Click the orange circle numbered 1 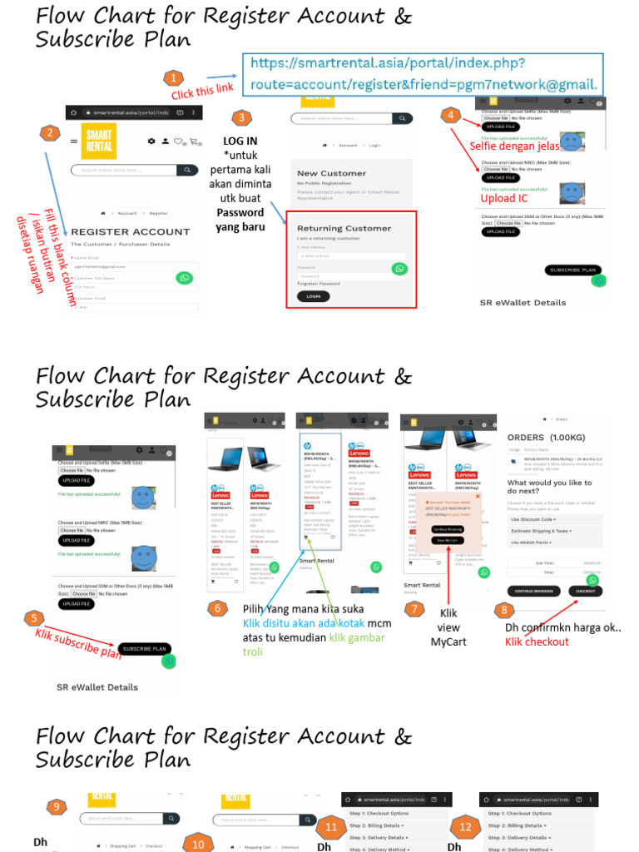(172, 78)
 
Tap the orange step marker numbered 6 (217, 608)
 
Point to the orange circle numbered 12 (465, 827)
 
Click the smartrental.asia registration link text (419, 74)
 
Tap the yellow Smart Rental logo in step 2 (100, 141)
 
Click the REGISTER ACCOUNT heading (131, 231)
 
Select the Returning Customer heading (344, 228)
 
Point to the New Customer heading (331, 173)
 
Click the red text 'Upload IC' (504, 199)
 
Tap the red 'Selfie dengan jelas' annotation (514, 146)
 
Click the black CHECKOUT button (586, 591)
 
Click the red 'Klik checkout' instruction (537, 641)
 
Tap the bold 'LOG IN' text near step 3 (240, 141)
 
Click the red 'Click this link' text (202, 90)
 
